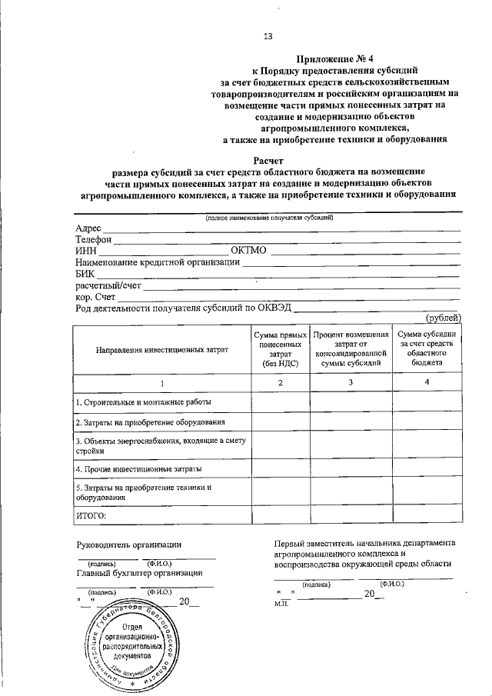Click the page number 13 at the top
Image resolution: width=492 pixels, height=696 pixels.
tap(268, 35)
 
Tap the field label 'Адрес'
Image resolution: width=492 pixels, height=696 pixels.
tap(88, 228)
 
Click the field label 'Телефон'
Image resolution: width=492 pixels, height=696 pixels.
tap(94, 240)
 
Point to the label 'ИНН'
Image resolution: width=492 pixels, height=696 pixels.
tap(86, 251)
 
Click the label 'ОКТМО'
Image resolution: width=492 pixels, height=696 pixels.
tap(248, 251)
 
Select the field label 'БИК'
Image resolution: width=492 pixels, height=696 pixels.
tap(85, 274)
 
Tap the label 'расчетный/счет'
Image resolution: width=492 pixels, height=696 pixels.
tap(108, 285)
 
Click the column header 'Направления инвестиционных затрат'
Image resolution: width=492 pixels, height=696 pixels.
tap(162, 350)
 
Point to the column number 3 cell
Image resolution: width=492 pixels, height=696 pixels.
tap(351, 382)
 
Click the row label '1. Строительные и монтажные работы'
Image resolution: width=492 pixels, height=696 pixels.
tap(142, 402)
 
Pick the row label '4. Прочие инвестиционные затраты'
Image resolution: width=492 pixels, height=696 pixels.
tap(138, 468)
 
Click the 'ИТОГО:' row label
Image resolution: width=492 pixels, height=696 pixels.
tap(91, 514)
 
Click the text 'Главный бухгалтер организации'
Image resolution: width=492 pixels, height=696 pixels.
tap(139, 572)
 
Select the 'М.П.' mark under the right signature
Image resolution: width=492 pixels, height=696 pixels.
tap(280, 604)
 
